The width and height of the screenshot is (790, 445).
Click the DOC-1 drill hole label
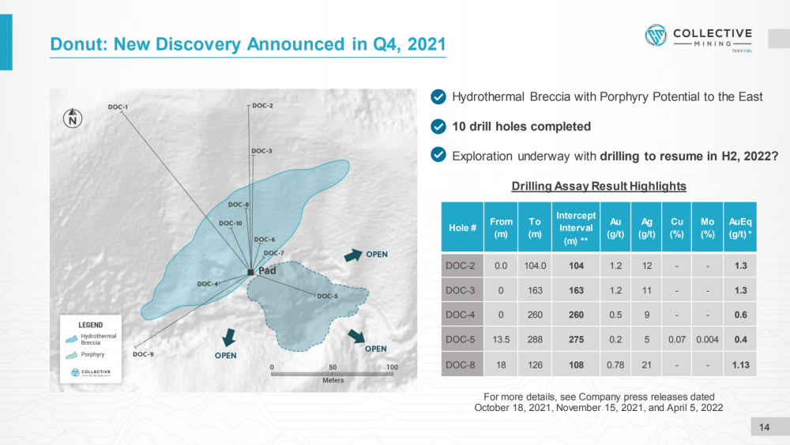click(118, 107)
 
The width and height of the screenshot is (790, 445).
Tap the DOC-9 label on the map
click(143, 354)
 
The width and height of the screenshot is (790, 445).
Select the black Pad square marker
click(250, 272)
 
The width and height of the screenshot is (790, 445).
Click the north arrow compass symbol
click(73, 119)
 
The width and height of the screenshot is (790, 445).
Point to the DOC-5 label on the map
click(328, 296)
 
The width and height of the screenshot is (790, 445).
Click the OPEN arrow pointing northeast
click(353, 255)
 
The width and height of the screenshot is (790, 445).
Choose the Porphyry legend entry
click(85, 355)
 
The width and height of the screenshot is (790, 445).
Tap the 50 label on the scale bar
click(333, 368)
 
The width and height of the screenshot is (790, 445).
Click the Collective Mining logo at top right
click(698, 38)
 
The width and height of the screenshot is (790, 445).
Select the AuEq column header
click(740, 228)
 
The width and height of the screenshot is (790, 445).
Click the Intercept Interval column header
click(576, 228)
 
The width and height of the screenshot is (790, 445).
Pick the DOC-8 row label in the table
click(460, 365)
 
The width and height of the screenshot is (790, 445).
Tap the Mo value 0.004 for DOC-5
click(707, 340)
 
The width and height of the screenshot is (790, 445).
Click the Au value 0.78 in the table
click(615, 365)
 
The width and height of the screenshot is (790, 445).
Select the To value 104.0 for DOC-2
click(535, 266)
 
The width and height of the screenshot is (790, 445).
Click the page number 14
click(764, 428)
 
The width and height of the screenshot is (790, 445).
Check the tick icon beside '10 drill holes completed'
click(438, 126)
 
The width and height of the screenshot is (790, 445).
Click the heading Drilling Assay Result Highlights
click(599, 186)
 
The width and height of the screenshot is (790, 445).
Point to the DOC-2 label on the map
click(262, 105)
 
